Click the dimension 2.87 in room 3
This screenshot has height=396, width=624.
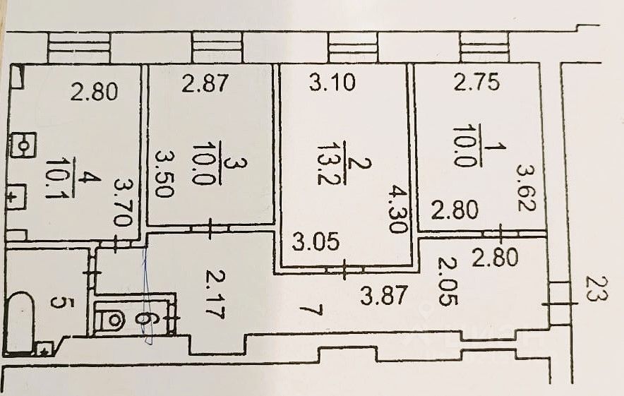click(x=205, y=84)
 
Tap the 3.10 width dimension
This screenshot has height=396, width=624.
click(x=332, y=84)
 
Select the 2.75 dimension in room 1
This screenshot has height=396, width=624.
click(x=476, y=83)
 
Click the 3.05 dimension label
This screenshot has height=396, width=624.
click(x=316, y=241)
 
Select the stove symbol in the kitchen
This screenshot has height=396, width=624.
click(x=24, y=147)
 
